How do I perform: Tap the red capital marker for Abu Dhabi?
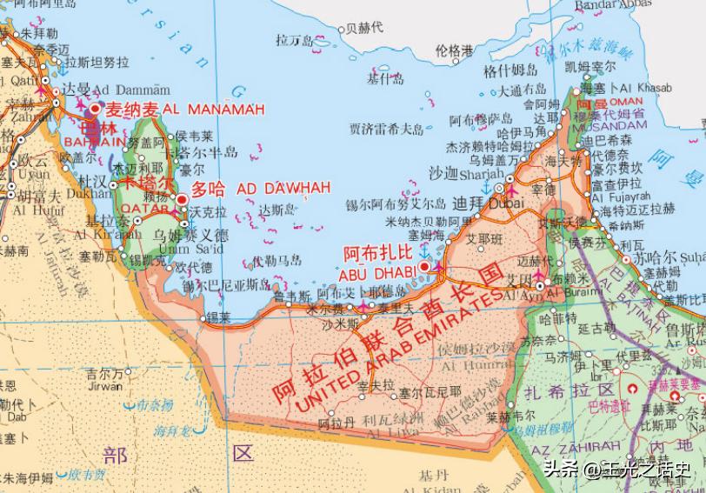[x=424, y=266]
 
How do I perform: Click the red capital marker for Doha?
[x=182, y=200]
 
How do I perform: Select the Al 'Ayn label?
[x=522, y=292]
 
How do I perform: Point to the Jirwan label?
[x=104, y=387]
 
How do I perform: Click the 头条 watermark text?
[x=561, y=470]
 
